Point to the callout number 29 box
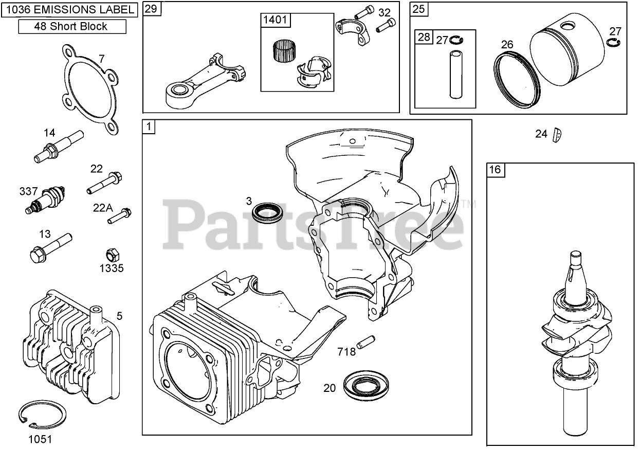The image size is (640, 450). [150, 9]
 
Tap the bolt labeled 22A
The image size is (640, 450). [120, 215]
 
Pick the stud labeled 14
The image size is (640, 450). [58, 146]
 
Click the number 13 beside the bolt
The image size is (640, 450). [45, 235]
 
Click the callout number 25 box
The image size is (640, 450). [418, 9]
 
